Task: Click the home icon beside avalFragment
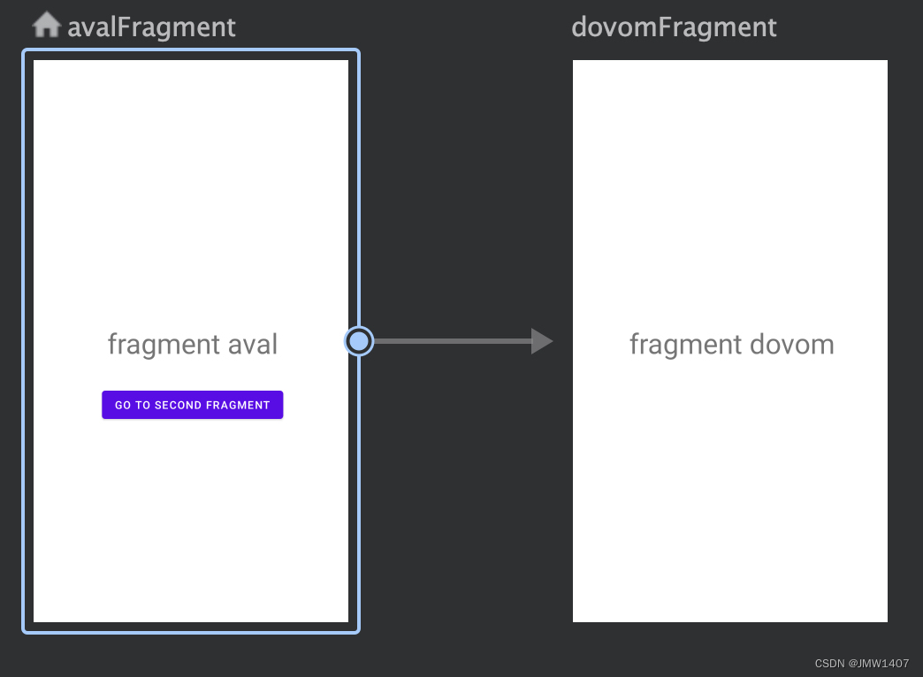click(x=47, y=25)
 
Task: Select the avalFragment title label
click(x=151, y=27)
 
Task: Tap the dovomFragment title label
click(x=674, y=27)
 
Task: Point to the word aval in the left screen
click(x=253, y=345)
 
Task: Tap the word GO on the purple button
click(x=122, y=405)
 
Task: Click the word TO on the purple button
click(x=143, y=405)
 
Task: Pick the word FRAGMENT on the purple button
click(x=238, y=405)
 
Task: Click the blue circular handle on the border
click(x=358, y=341)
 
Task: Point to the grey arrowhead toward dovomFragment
click(x=542, y=341)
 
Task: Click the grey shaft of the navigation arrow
click(x=453, y=341)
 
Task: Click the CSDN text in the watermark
click(x=829, y=664)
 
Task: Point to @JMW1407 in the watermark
click(x=878, y=664)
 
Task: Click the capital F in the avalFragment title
click(x=124, y=27)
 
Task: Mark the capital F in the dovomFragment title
click(x=664, y=27)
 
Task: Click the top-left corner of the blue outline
click(x=23, y=49)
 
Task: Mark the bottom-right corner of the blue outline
click(x=359, y=633)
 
